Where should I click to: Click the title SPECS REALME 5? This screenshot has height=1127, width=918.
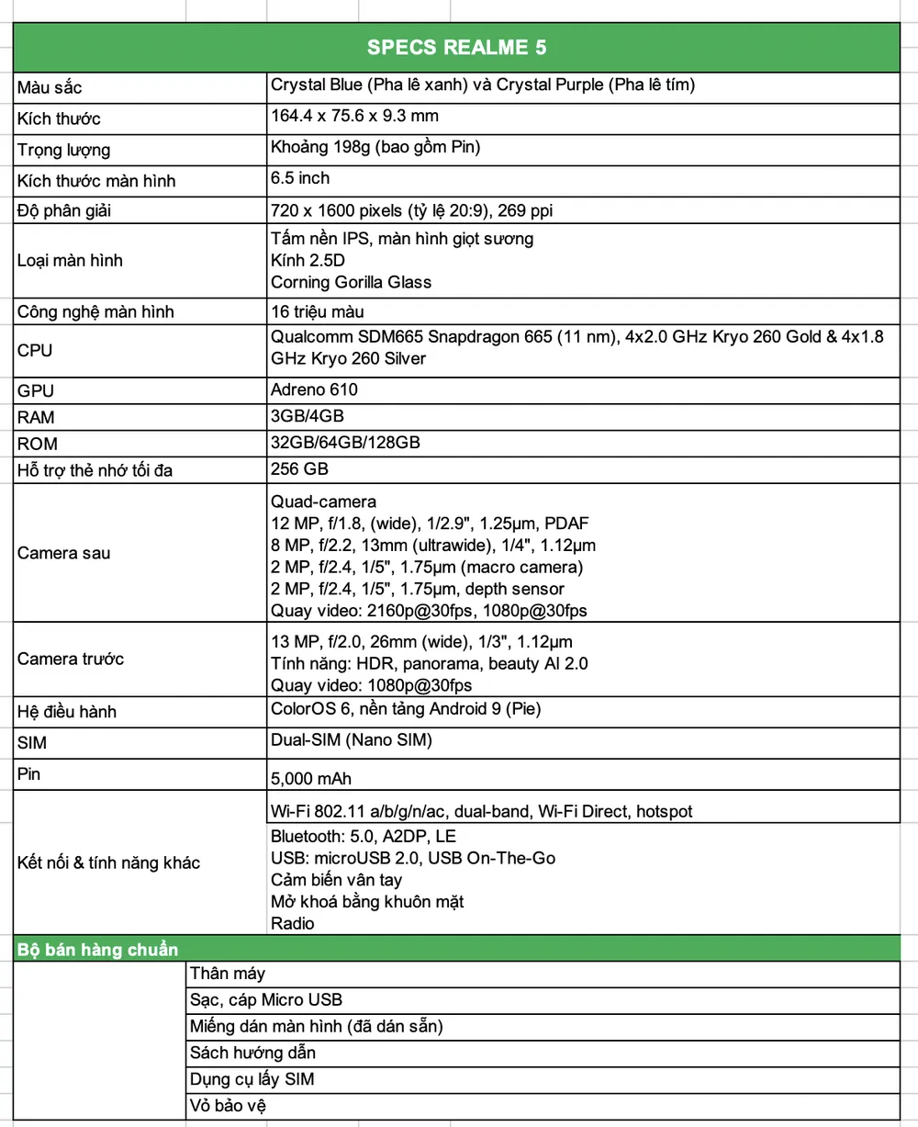click(x=456, y=47)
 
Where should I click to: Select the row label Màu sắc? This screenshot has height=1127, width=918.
click(x=50, y=88)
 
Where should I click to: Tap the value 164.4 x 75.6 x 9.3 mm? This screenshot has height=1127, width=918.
click(x=354, y=116)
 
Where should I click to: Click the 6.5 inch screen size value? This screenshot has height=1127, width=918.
click(x=300, y=177)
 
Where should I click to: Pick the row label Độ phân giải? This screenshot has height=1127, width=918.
click(x=64, y=211)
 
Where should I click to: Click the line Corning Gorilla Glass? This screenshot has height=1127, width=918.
click(x=351, y=282)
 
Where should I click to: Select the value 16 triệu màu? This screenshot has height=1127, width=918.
click(x=318, y=311)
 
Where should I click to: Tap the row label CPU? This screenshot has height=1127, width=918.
click(x=35, y=350)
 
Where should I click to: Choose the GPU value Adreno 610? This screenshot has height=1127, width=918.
click(x=314, y=389)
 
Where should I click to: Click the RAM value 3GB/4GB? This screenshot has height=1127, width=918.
click(x=308, y=416)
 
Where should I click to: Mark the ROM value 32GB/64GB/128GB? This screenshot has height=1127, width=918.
click(x=345, y=442)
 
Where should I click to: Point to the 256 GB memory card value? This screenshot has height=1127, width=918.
click(x=299, y=468)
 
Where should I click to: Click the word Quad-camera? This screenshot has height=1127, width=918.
click(x=323, y=502)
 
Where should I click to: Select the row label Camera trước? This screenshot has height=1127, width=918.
click(x=71, y=659)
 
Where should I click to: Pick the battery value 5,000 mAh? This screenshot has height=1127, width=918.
click(x=310, y=779)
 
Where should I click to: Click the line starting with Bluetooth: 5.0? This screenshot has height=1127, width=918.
click(x=363, y=836)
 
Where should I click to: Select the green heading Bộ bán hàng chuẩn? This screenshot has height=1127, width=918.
click(x=98, y=949)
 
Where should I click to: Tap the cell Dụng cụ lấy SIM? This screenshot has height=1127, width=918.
click(x=252, y=1079)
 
